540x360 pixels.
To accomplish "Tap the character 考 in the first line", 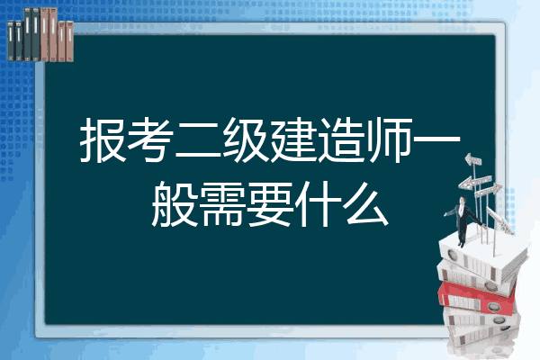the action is click(150, 139).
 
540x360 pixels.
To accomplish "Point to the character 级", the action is click(245, 139).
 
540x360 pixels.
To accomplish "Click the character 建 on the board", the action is click(292, 139).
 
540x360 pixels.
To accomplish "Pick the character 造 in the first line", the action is click(340, 139).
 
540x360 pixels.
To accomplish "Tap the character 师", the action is click(388, 139).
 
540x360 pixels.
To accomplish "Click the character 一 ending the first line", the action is click(436, 139).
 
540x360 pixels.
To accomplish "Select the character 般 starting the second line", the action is click(175, 204).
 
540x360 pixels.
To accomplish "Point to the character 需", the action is click(222, 204).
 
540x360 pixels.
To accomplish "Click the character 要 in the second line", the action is click(270, 204).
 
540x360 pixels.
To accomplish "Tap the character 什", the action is click(317, 204).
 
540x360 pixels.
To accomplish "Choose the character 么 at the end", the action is click(365, 204).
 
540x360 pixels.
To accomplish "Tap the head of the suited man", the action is click(463, 200).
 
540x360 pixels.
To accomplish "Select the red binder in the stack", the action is click(477, 297).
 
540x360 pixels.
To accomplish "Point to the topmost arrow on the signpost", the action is click(472, 159).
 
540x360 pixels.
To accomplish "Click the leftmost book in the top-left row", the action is click(11, 40).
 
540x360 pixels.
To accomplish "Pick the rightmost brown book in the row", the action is click(69, 41).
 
